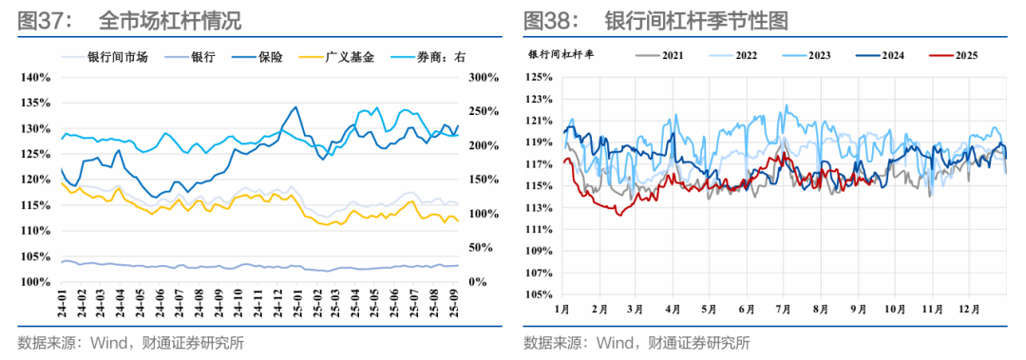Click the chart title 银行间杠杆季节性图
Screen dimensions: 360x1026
[x=697, y=20]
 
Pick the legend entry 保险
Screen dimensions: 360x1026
[x=271, y=57]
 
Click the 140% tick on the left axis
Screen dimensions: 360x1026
[x=36, y=77]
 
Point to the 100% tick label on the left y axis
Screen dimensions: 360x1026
[x=36, y=282]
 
